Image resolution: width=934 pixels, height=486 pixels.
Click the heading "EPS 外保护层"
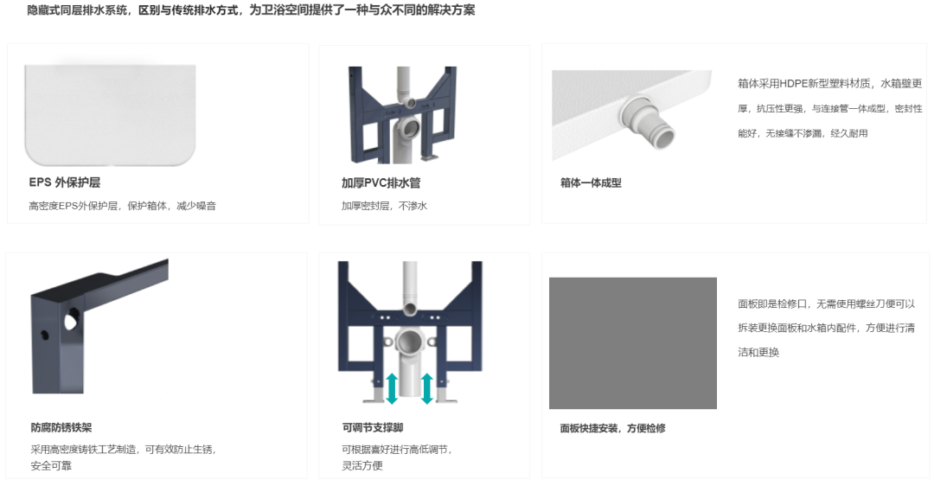[64, 182]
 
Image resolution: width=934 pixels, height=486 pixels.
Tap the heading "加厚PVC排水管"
[381, 182]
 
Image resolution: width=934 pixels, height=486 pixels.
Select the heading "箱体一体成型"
[591, 182]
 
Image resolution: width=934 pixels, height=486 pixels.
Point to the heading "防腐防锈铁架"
[61, 428]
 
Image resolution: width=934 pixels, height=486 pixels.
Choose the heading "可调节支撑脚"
[372, 428]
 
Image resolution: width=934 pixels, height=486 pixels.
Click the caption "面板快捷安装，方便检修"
[612, 428]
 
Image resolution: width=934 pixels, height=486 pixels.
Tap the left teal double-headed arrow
[392, 388]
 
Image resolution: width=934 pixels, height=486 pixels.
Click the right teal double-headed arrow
[427, 388]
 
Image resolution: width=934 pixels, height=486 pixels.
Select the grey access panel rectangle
[632, 343]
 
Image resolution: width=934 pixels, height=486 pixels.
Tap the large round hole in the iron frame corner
[70, 321]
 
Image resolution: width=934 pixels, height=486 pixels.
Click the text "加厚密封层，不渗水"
[384, 206]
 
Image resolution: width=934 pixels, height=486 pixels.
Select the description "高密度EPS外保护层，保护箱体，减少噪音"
[122, 206]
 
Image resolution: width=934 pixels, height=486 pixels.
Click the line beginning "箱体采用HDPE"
[829, 84]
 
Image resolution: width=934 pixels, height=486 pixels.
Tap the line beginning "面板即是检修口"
[826, 304]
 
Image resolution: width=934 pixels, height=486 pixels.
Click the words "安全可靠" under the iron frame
[51, 466]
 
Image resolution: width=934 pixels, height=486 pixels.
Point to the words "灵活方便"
[362, 466]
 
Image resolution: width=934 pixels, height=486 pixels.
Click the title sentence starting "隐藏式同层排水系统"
[251, 10]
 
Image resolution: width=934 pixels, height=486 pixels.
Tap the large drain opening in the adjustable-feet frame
[411, 342]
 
